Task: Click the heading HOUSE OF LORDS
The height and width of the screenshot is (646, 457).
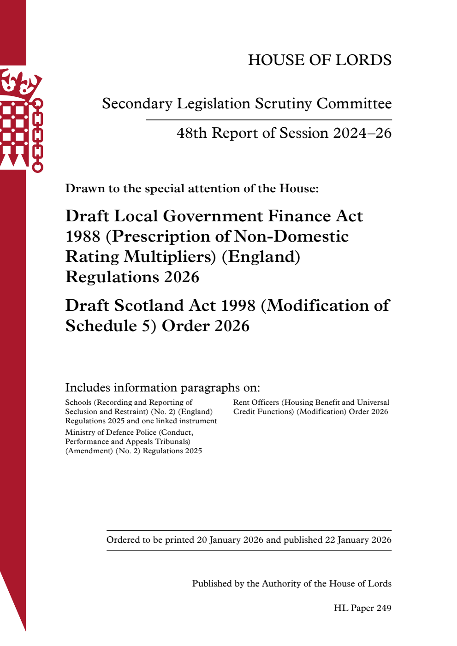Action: (x=320, y=60)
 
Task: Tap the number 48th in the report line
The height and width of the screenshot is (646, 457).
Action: (x=191, y=133)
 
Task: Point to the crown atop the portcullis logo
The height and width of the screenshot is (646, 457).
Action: (x=19, y=83)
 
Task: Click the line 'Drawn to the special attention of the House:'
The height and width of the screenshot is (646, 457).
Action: (x=192, y=189)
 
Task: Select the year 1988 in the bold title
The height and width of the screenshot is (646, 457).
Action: (x=83, y=237)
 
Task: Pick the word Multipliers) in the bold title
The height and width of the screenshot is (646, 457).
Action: (x=170, y=257)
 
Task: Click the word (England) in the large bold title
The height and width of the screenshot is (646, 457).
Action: (x=261, y=257)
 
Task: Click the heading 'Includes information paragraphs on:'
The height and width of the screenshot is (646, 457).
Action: (x=162, y=387)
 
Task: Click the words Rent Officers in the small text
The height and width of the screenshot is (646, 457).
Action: (x=256, y=403)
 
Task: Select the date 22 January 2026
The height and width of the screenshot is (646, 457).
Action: (x=358, y=540)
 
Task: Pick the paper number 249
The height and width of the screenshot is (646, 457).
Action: (x=384, y=608)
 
